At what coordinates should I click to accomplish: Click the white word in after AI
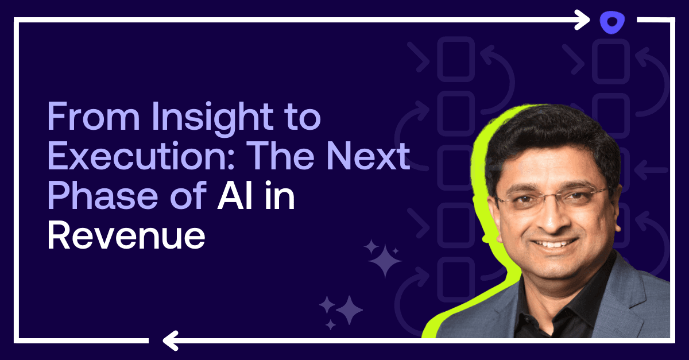[278, 196]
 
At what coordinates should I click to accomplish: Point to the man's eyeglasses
[551, 198]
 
